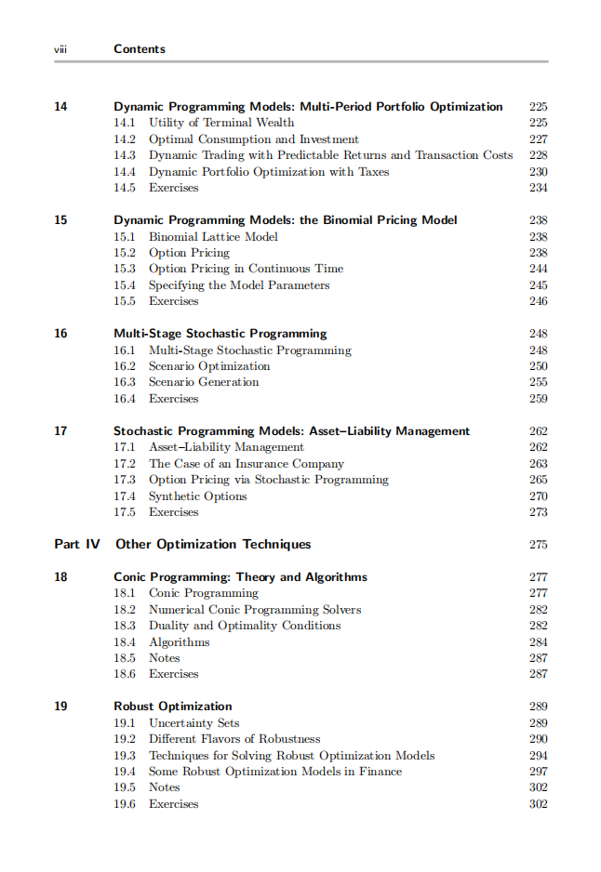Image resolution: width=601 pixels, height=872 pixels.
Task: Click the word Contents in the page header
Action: [x=140, y=48]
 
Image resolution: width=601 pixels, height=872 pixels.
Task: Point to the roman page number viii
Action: [x=60, y=48]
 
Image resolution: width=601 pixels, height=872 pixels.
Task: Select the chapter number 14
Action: [x=60, y=107]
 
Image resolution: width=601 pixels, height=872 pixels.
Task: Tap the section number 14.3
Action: [x=125, y=155]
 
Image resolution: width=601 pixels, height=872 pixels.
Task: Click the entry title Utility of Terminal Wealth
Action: [x=221, y=123]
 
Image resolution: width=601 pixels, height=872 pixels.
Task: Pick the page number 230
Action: [x=538, y=172]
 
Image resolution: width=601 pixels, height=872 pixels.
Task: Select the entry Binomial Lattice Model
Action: [x=213, y=237]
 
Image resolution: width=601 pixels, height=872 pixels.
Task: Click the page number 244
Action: [x=538, y=269]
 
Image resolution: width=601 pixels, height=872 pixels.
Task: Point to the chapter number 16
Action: [x=60, y=334]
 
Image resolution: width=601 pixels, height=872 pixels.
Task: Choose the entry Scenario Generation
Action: [x=204, y=382]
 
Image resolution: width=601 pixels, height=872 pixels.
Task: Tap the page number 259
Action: [x=538, y=399]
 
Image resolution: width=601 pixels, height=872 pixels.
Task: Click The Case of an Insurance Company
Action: [x=247, y=464]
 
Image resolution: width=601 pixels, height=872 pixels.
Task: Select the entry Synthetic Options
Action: [x=198, y=496]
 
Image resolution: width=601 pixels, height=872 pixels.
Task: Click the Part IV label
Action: [x=77, y=544]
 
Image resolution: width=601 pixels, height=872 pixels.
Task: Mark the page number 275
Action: [x=538, y=545]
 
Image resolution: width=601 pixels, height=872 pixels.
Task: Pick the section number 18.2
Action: [x=125, y=610]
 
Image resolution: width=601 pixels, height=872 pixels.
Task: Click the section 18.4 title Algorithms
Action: [x=180, y=642]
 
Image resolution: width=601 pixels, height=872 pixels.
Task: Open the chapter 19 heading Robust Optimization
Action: [x=173, y=707]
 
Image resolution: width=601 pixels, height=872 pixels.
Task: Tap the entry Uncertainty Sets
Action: [x=194, y=723]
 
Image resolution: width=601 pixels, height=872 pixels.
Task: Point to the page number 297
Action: [x=538, y=772]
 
